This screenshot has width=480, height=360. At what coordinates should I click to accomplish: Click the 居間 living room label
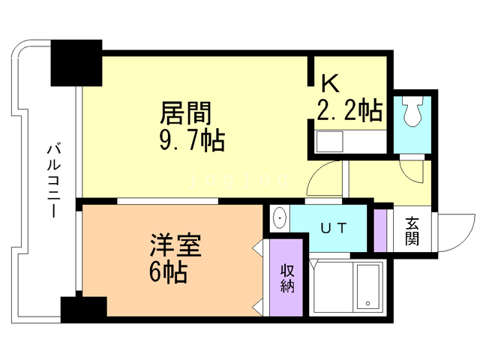(x=186, y=114)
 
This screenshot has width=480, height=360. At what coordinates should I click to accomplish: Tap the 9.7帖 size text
(x=191, y=140)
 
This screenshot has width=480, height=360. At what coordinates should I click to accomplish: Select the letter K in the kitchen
(x=329, y=83)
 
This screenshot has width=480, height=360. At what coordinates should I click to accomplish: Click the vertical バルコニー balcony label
(x=53, y=180)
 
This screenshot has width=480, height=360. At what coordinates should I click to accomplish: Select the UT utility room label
(x=332, y=228)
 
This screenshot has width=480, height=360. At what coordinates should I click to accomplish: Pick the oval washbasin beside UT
(x=279, y=218)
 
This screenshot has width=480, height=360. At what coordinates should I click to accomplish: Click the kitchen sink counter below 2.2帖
(x=329, y=141)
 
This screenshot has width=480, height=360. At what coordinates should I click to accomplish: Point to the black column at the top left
(x=76, y=63)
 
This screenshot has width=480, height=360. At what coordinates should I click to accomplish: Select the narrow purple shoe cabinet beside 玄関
(x=381, y=229)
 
